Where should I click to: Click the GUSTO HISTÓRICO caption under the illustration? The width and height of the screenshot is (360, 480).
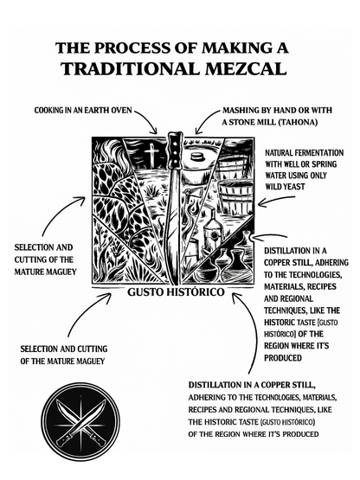click(x=176, y=292)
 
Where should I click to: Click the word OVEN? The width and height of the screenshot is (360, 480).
click(x=121, y=110)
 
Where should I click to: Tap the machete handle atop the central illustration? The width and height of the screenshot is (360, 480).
click(x=175, y=149)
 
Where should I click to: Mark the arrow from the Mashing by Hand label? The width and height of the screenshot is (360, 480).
click(x=205, y=119)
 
